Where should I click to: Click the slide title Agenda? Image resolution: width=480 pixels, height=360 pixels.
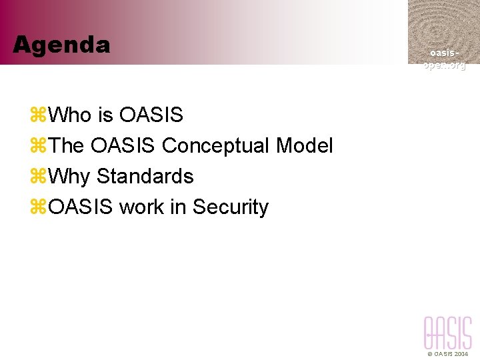(x=61, y=45)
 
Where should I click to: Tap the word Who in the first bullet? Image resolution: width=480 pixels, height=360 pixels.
(x=70, y=115)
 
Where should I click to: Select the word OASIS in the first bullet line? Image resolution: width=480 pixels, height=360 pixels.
(x=151, y=115)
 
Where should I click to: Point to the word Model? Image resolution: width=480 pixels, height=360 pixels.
(x=304, y=146)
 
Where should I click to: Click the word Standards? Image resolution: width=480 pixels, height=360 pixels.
(x=145, y=177)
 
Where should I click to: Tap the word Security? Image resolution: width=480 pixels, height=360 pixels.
(x=231, y=207)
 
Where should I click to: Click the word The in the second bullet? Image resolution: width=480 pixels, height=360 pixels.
(x=67, y=146)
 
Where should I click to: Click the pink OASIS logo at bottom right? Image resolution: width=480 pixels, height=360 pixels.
(x=447, y=333)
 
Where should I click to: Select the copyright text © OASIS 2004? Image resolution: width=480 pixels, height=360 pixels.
(x=448, y=354)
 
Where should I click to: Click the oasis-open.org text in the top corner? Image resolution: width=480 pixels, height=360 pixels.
(x=444, y=59)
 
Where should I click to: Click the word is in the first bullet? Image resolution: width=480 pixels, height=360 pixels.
(x=105, y=115)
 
